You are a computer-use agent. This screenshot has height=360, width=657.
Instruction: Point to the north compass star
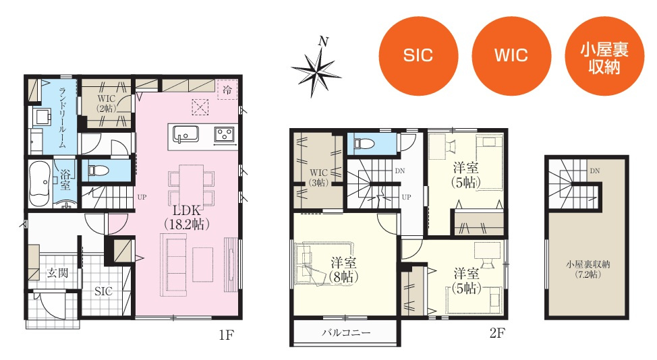316,69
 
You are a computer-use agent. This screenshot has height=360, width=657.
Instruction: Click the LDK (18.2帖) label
186,217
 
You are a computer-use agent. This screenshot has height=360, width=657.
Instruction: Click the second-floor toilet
364,144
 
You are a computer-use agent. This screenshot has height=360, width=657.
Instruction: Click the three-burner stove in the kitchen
225,135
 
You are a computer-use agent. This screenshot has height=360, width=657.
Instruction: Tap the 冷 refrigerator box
227,90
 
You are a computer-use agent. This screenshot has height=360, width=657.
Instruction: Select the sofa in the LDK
174,265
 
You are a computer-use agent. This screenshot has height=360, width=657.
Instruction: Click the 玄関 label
57,273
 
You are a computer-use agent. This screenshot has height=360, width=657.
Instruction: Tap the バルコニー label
346,333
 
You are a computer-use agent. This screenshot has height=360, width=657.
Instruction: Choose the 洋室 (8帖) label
343,270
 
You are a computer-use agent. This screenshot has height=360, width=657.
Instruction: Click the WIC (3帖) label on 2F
318,177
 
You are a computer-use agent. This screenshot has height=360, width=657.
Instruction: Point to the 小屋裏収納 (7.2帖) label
588,270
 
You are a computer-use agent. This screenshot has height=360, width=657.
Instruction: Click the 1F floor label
226,335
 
